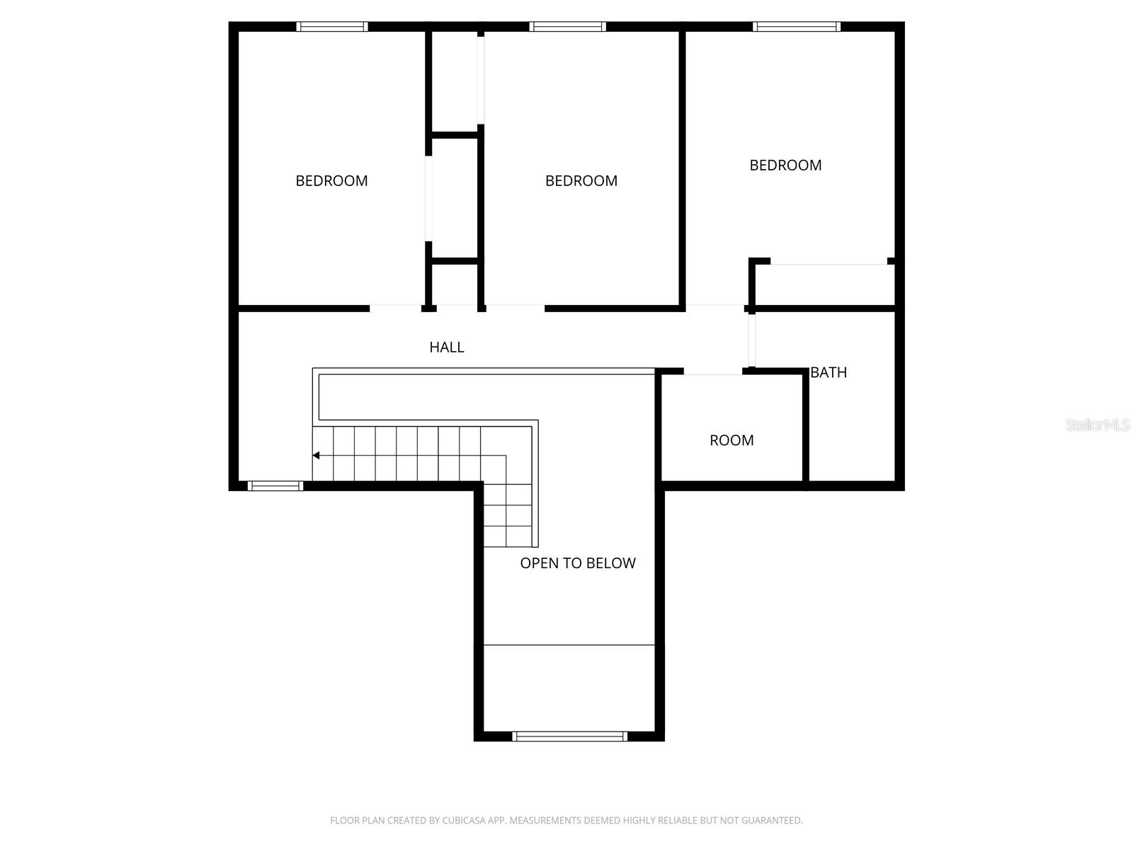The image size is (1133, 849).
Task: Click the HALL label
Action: click(446, 347)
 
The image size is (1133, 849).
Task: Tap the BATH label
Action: click(828, 372)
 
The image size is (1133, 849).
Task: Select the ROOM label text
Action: click(731, 440)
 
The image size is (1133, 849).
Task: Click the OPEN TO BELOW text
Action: click(578, 563)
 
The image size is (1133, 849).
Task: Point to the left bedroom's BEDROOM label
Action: click(331, 180)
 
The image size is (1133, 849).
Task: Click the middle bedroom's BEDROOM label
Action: click(581, 180)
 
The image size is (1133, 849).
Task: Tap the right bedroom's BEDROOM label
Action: click(785, 165)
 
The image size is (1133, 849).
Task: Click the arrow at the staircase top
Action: click(317, 456)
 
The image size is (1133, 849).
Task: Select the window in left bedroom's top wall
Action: click(331, 27)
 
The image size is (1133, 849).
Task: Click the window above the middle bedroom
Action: click(567, 27)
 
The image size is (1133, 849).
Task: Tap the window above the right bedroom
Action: click(797, 27)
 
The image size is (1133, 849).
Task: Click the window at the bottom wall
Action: click(569, 737)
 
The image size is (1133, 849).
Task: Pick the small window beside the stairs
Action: click(275, 486)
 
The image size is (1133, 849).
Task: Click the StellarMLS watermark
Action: click(1097, 425)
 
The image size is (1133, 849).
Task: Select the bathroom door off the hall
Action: click(751, 340)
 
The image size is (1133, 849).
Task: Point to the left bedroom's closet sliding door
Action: click(428, 198)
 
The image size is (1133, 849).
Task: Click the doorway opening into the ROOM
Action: click(712, 372)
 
